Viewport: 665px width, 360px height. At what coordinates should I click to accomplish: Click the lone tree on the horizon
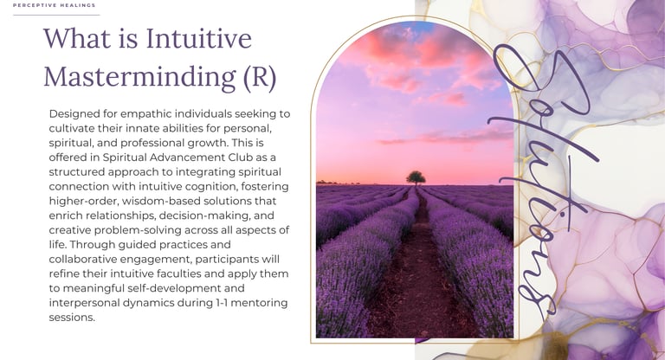point(416,177)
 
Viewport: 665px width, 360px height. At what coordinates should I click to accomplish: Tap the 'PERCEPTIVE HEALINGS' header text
point(55,5)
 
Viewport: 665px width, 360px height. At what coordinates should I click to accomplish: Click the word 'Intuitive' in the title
point(199,38)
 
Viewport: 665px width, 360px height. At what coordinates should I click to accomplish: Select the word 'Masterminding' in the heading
point(140,77)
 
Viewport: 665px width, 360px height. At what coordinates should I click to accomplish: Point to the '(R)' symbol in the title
point(260,77)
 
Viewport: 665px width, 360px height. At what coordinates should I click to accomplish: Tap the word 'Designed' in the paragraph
point(74,114)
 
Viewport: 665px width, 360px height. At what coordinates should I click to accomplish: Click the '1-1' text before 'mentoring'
point(222,303)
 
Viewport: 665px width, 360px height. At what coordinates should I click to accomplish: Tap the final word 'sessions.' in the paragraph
point(72,318)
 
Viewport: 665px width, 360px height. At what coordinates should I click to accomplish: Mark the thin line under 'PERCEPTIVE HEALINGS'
point(56,15)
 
